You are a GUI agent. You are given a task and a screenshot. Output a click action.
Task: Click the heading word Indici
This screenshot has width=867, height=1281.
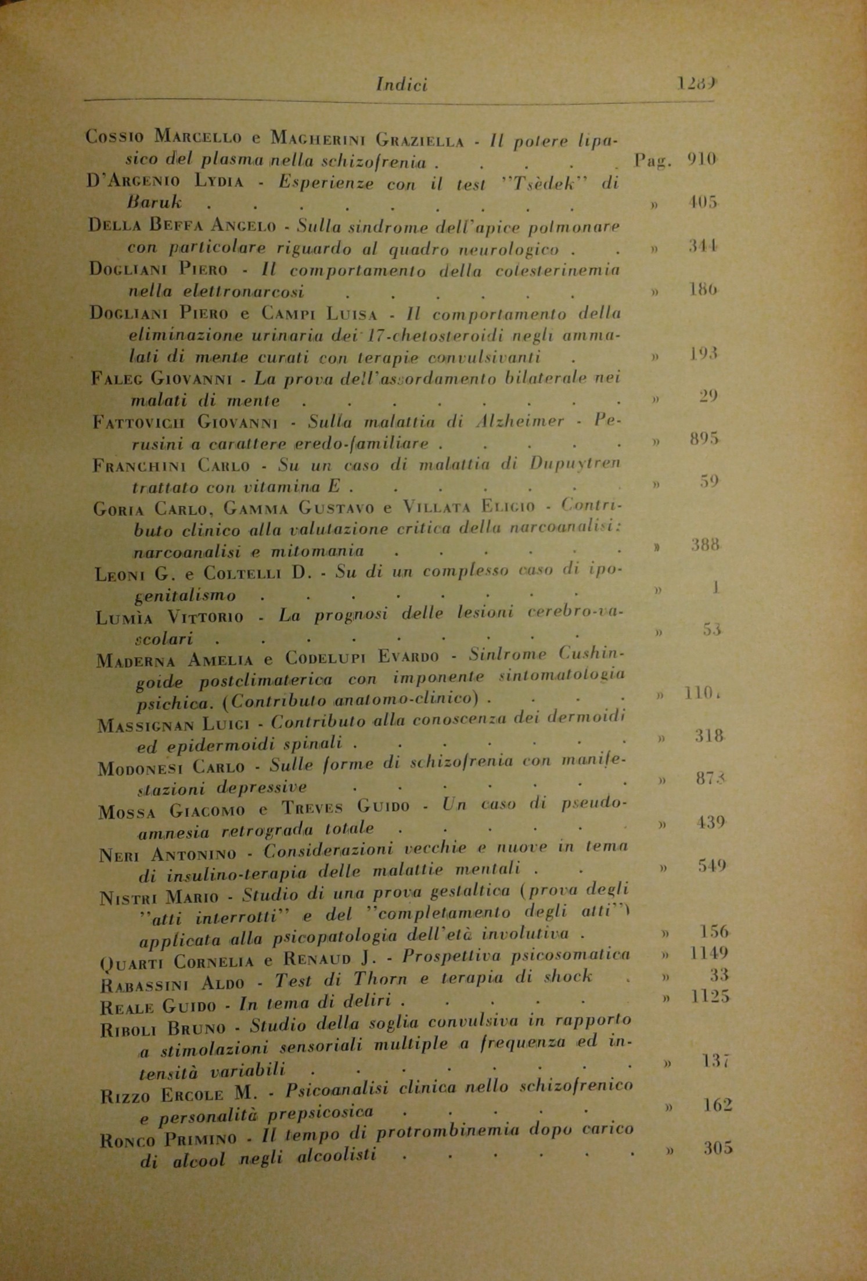(402, 85)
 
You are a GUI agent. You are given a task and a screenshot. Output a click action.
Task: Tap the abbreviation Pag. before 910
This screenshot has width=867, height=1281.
(653, 159)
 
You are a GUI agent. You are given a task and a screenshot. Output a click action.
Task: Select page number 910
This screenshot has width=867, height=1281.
(702, 158)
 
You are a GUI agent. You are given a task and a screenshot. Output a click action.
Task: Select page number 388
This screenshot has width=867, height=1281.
(706, 545)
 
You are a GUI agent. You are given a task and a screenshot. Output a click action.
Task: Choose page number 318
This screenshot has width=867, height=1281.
(710, 736)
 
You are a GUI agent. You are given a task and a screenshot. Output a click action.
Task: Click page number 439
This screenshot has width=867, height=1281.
(711, 823)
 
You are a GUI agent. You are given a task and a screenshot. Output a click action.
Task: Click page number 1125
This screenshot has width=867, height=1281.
(711, 997)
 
